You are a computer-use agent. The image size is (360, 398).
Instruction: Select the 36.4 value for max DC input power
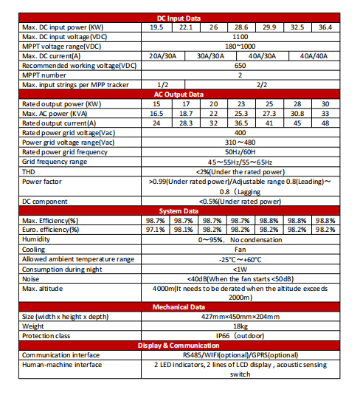click(x=325, y=27)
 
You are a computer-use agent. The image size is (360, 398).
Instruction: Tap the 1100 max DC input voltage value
click(x=240, y=36)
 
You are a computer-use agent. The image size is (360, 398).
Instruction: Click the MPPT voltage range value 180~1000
click(x=240, y=46)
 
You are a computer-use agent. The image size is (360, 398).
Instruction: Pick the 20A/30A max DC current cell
click(x=162, y=55)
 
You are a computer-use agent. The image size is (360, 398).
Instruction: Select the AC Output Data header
click(x=180, y=95)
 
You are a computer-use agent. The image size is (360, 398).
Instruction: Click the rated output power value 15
click(x=156, y=104)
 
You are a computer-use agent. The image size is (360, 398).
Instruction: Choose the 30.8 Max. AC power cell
click(x=297, y=114)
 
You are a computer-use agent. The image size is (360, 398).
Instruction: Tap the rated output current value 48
click(x=325, y=123)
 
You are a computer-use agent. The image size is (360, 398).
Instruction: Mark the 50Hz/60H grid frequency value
click(x=240, y=151)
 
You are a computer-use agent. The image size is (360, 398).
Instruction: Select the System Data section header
click(x=180, y=210)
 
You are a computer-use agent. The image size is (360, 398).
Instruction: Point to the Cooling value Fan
click(x=240, y=249)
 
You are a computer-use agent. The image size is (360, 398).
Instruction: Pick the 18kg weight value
click(x=240, y=326)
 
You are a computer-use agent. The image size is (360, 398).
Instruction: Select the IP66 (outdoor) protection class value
click(x=240, y=335)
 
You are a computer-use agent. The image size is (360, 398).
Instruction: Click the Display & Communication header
click(x=180, y=346)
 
